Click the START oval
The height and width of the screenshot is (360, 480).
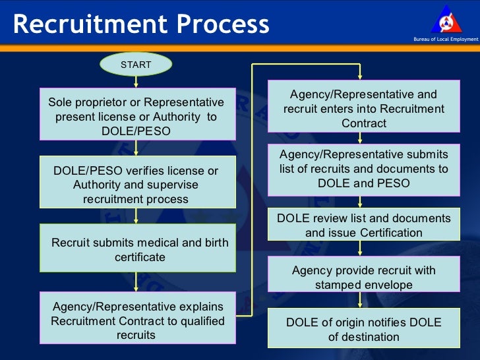[136, 65]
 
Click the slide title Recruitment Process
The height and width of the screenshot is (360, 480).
[141, 24]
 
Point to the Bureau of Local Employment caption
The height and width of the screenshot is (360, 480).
[445, 40]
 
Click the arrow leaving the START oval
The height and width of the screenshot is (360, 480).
[136, 80]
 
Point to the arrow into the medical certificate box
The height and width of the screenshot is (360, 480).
[136, 215]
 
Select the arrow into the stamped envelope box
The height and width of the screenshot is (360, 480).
[359, 248]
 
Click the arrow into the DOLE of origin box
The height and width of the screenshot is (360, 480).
[359, 299]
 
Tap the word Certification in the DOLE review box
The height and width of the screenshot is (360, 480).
[391, 233]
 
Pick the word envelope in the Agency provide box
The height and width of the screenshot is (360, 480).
[390, 285]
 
